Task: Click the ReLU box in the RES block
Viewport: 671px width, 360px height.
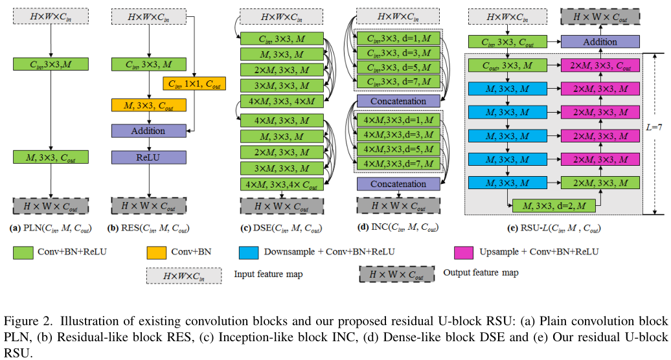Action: (x=148, y=157)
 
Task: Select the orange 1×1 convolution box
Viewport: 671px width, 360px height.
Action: (x=185, y=83)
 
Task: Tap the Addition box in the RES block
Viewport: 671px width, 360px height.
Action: (x=148, y=131)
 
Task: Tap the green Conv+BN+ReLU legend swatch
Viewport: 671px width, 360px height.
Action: (x=23, y=251)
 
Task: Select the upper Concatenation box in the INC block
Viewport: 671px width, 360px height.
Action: (x=398, y=101)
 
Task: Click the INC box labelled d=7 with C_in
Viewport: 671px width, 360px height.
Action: (x=398, y=82)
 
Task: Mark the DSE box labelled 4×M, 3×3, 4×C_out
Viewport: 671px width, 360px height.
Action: (x=282, y=184)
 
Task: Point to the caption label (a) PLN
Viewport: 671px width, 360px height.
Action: (x=51, y=229)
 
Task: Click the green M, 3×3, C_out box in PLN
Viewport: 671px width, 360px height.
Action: (x=51, y=157)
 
